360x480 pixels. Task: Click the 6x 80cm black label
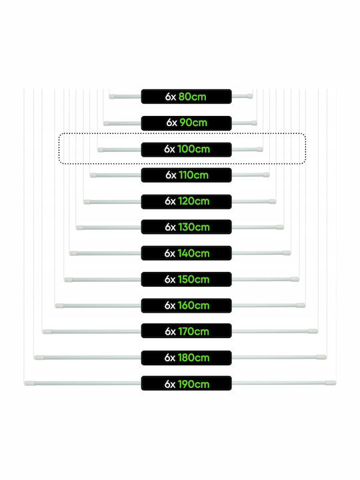186,97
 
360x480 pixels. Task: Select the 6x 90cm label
186,123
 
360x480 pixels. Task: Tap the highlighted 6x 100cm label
186,149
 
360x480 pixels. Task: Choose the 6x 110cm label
186,175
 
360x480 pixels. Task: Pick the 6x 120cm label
186,201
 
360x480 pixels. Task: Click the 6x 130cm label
186,227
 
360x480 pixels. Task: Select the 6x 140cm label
186,253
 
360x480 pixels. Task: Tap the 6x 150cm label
186,279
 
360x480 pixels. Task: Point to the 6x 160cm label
186,305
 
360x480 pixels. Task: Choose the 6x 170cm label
186,331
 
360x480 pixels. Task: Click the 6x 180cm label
186,357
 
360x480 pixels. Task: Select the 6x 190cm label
186,383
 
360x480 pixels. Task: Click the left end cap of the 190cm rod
30,383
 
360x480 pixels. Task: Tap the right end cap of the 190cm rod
331,383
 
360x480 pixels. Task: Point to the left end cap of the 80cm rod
112,97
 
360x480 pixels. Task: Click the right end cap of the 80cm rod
250,96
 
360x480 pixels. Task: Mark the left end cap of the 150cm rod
69,280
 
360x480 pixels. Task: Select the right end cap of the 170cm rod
313,331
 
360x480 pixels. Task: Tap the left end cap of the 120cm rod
87,202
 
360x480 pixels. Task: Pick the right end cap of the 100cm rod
259,149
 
